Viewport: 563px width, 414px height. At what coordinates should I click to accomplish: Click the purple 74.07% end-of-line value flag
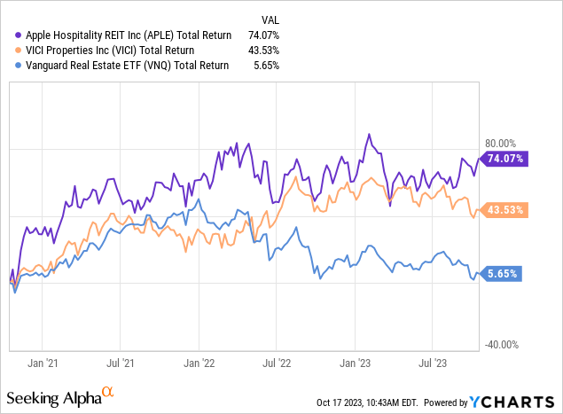click(x=504, y=159)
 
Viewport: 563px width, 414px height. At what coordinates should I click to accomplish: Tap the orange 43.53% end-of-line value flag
click(x=504, y=210)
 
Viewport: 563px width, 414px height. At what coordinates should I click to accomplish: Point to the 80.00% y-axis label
click(x=500, y=143)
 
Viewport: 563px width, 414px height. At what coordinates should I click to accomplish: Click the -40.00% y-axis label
click(x=499, y=345)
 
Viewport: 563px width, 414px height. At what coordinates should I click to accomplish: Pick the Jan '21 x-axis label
click(x=43, y=363)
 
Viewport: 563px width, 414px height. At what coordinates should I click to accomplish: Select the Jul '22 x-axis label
click(x=278, y=363)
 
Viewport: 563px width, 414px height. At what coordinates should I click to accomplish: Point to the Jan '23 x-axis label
click(x=356, y=363)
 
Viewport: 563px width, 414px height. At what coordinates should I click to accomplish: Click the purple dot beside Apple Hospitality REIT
click(x=12, y=35)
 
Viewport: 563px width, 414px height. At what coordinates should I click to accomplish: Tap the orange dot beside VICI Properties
click(x=12, y=50)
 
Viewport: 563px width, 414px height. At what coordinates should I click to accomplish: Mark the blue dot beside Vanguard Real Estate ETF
click(x=12, y=64)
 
